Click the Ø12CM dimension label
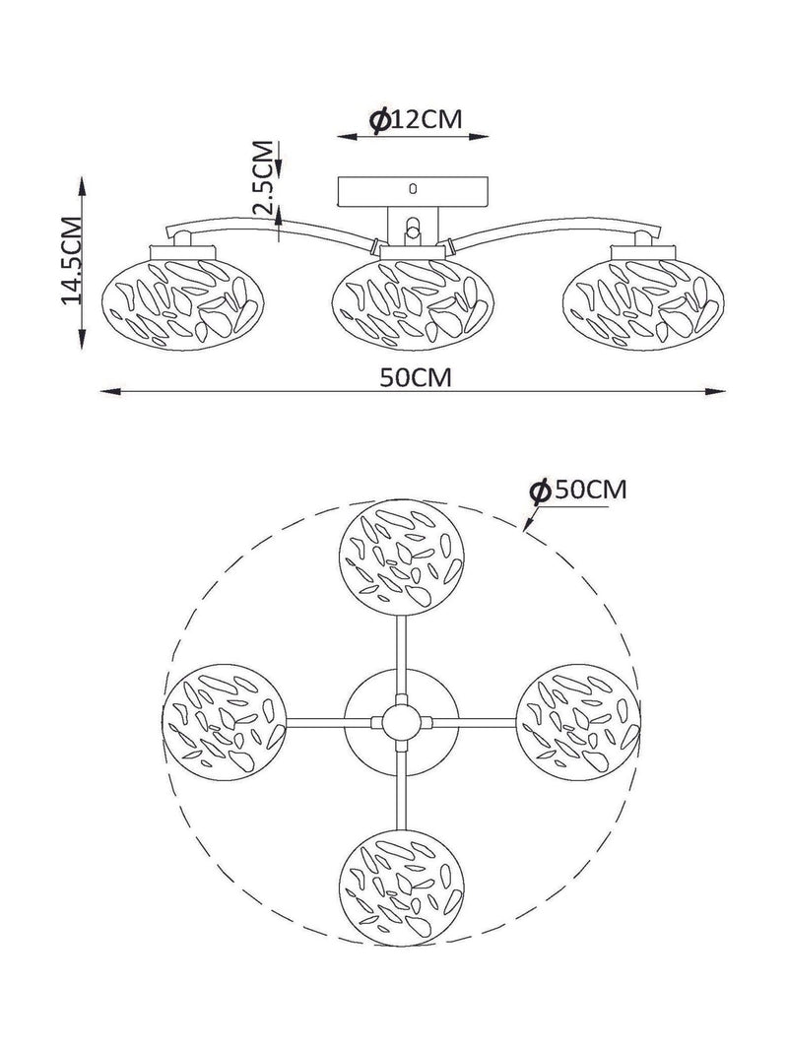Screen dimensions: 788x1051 [416, 120]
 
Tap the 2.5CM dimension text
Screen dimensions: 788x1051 [265, 177]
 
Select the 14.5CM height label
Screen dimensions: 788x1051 [72, 261]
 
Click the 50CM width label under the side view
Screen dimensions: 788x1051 [416, 378]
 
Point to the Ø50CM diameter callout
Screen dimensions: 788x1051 [577, 490]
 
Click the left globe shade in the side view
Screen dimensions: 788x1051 [183, 301]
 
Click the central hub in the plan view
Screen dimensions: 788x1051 [401, 722]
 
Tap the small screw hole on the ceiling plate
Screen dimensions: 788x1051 [413, 188]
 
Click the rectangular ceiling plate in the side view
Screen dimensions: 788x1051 [414, 192]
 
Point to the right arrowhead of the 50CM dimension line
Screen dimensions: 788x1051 [719, 392]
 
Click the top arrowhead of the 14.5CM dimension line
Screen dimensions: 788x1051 [82, 185]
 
